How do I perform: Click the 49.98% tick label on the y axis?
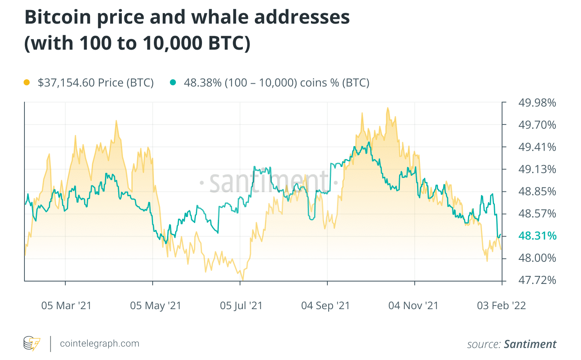pos(537,103)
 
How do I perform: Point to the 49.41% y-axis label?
pos(537,147)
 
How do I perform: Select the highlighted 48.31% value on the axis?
pos(537,236)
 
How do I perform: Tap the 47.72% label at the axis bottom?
pos(537,280)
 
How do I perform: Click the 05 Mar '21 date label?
pos(67,306)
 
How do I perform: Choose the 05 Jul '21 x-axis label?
pos(241,306)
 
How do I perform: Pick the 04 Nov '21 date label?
pos(414,306)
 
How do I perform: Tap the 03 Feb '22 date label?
pos(501,306)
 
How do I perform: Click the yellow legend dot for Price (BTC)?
pos(27,82)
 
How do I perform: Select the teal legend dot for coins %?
pos(173,82)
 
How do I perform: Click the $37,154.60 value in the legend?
pos(66,82)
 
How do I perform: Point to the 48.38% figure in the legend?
pos(202,82)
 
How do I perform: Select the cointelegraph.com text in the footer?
pos(99,344)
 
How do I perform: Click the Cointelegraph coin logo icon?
pos(32,344)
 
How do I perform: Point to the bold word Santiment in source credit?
pos(530,344)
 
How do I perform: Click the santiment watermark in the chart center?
pos(268,183)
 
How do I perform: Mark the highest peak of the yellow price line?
pos(387,108)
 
